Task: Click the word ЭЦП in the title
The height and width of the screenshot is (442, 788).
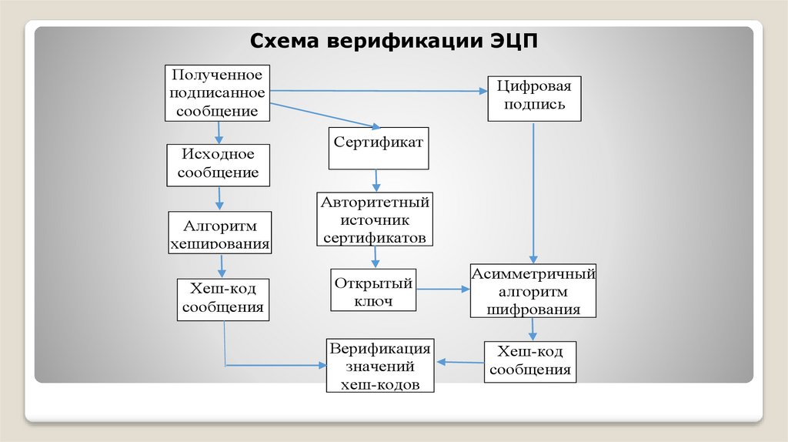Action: [515, 40]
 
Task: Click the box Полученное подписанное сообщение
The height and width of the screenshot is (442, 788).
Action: [218, 93]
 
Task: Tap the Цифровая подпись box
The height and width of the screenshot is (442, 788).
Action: [534, 97]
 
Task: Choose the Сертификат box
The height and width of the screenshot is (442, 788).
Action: [379, 149]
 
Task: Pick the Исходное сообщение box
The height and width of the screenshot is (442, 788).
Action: [219, 164]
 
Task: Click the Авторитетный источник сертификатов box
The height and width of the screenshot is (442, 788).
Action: [375, 219]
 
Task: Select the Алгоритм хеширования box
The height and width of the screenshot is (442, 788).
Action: [219, 233]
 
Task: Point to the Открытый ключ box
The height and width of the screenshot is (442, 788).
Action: [374, 290]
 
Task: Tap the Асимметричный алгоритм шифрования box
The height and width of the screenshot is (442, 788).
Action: [533, 291]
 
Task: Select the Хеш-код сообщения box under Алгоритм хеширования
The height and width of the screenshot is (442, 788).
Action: [222, 299]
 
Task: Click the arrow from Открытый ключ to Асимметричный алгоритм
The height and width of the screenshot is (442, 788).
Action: [442, 290]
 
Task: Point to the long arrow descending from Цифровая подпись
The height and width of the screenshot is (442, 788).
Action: [534, 193]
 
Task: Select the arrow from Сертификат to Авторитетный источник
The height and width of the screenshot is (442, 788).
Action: [376, 181]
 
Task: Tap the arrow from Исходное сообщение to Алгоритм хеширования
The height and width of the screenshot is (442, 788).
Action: [219, 199]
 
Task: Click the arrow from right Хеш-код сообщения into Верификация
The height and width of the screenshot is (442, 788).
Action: [459, 361]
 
